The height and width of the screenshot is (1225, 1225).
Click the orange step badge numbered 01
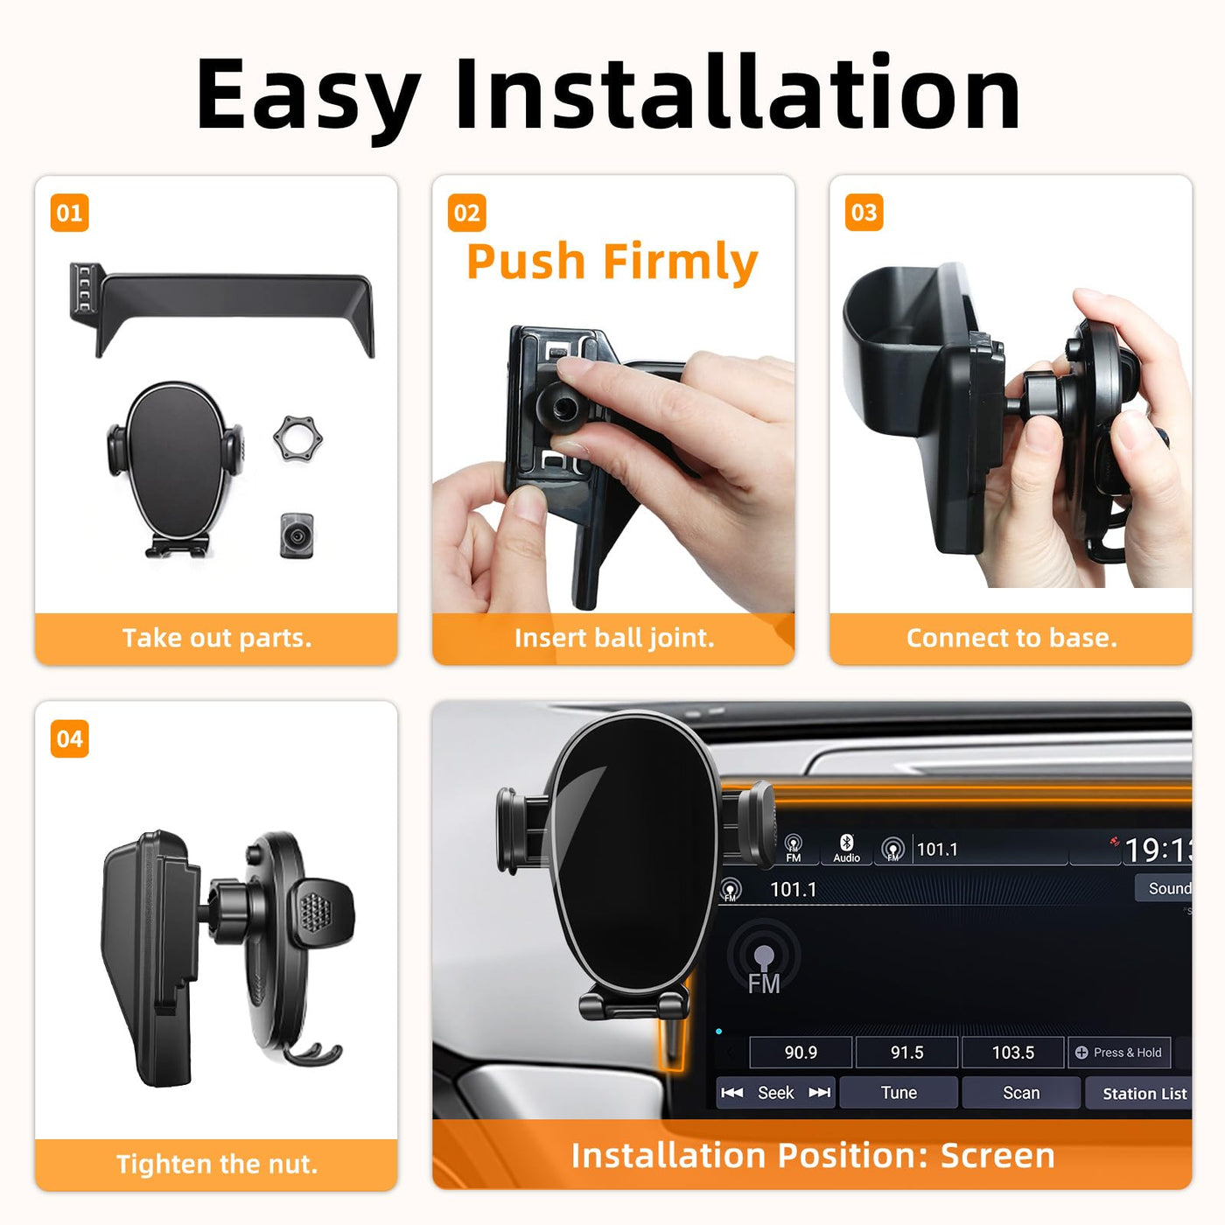point(69,213)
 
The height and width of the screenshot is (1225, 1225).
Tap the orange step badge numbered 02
point(466,213)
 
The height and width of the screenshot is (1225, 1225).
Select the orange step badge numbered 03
point(864,213)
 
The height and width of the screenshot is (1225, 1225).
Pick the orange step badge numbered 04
point(69,738)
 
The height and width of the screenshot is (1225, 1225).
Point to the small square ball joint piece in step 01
point(297,535)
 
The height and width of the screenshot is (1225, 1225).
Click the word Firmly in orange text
point(680,262)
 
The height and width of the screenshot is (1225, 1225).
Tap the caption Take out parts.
point(217,638)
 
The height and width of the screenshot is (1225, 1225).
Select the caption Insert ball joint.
point(614,638)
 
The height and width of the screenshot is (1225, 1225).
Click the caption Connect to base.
point(1011,638)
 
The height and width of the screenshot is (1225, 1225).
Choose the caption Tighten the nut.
point(217,1164)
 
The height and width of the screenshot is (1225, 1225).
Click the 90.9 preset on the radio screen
point(801,1052)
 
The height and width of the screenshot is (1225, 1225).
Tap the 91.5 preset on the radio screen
point(906,1052)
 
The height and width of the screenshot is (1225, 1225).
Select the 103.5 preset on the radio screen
point(1012,1052)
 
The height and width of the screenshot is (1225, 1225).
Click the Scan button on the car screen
point(1021,1092)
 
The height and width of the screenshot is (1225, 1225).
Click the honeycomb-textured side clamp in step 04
point(320,913)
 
